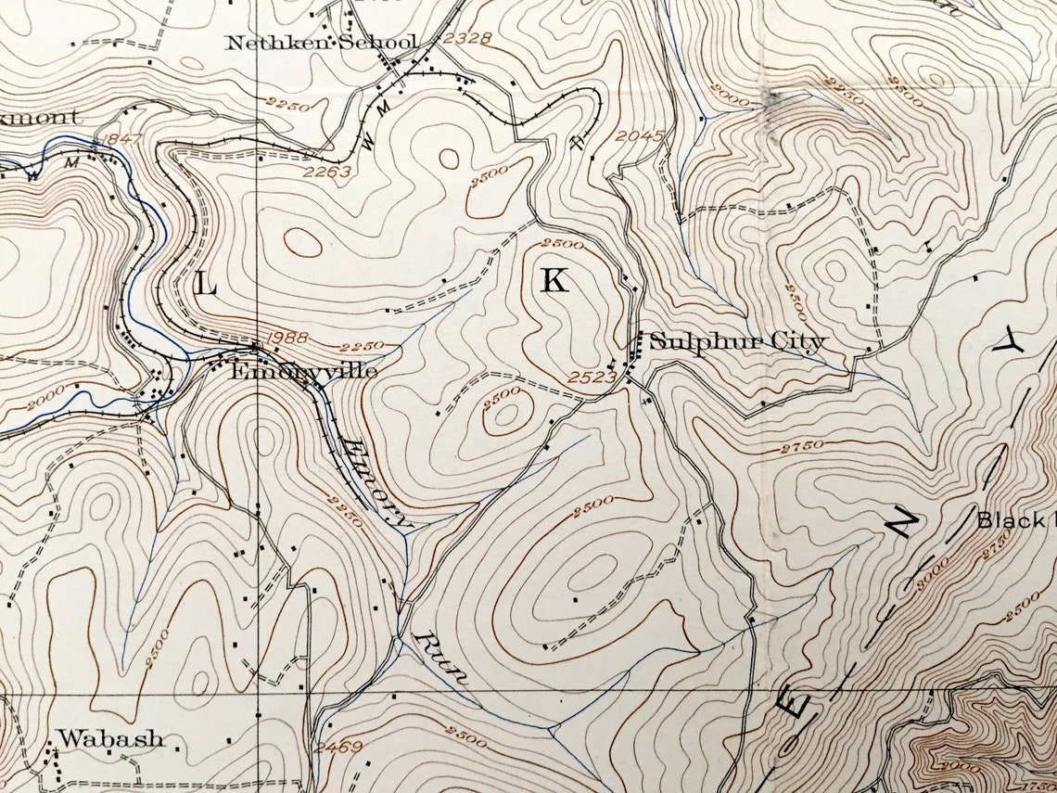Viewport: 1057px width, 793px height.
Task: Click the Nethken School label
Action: point(322,43)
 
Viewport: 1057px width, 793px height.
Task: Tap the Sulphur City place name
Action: point(736,341)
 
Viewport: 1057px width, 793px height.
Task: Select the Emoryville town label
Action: point(304,371)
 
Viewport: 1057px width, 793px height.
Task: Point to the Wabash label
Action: point(110,739)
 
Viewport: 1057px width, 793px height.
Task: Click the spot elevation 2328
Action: point(465,39)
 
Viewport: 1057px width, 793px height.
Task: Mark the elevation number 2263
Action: point(327,171)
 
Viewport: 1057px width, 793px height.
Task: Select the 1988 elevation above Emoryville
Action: point(286,336)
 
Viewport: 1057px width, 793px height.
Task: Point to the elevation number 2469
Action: point(335,746)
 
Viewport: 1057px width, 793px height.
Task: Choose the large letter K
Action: point(554,281)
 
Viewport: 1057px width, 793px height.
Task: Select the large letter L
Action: point(206,287)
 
